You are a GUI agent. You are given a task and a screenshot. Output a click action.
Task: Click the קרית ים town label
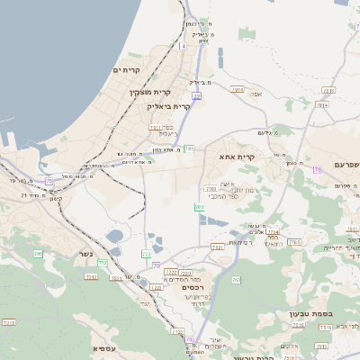[x=129, y=69]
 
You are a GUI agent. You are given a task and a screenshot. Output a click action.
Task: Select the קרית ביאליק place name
[x=169, y=106]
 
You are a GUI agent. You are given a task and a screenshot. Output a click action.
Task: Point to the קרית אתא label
[x=237, y=157]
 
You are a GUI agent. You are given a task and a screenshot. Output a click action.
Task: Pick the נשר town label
[x=79, y=255]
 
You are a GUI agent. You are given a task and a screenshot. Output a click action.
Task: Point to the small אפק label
[x=256, y=93]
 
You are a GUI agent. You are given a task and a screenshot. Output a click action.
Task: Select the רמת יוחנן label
[x=245, y=190]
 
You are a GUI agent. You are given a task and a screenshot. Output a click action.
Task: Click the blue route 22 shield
[x=196, y=95]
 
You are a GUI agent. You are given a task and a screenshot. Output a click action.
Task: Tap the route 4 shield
[x=183, y=45]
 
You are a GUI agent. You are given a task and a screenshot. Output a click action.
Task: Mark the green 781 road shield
[x=189, y=149]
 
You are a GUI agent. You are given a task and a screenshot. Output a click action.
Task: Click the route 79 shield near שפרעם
[x=318, y=169]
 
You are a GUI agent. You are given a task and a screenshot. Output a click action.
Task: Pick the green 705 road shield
[x=38, y=254]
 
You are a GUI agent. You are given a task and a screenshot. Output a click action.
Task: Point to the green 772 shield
[x=147, y=254]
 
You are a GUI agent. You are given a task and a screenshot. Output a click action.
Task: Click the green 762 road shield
[x=236, y=280]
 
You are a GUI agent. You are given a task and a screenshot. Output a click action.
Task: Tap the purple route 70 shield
[x=157, y=265]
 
